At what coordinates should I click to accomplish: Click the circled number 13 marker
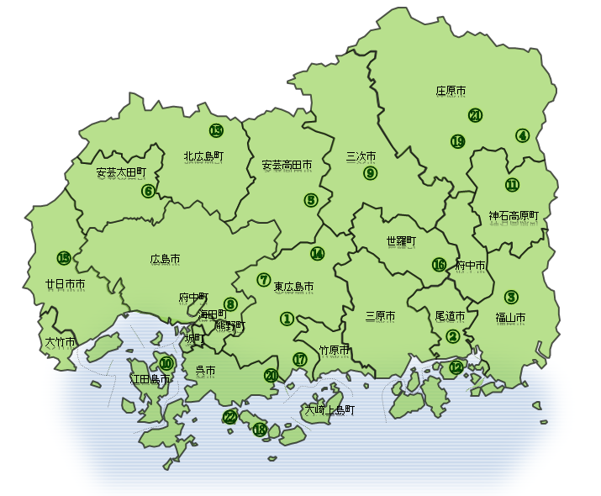point(216,130)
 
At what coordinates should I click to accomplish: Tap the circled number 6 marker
point(148,191)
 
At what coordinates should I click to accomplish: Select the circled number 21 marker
point(476,115)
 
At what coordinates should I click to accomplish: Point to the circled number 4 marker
point(523,135)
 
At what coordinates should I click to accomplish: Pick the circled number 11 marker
point(513,185)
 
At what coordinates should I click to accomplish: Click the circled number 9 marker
point(370,174)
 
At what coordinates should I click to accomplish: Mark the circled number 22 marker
point(229,417)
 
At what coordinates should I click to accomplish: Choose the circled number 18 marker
point(260,430)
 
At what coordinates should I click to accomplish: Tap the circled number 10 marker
point(166,364)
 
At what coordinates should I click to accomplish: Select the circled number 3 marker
point(511,297)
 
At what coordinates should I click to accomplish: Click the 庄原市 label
point(451,90)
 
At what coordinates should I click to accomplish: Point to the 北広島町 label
point(203,156)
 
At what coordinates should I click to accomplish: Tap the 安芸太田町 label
point(121,172)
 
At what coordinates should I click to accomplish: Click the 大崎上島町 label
point(329,410)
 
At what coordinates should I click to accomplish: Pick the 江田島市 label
point(150,379)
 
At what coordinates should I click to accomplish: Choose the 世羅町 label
point(401,242)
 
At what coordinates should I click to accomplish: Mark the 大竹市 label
point(61,343)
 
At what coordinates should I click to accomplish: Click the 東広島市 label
point(294,287)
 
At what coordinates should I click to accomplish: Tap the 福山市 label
point(510,318)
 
